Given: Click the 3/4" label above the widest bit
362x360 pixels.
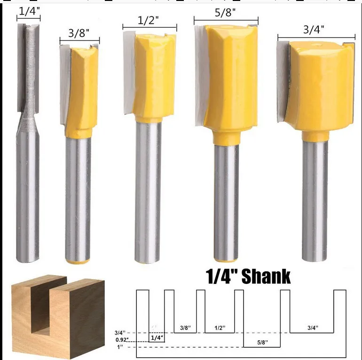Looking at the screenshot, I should pyautogui.click(x=315, y=29).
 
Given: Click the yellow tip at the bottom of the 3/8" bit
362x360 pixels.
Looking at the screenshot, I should pyautogui.click(x=78, y=260).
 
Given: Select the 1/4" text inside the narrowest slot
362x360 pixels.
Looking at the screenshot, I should pyautogui.click(x=157, y=337).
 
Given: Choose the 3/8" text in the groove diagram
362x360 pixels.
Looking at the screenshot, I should pyautogui.click(x=185, y=328).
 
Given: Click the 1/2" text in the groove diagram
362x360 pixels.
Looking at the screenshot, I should pyautogui.click(x=220, y=328).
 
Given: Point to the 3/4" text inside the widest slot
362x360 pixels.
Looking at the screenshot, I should pyautogui.click(x=312, y=328).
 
